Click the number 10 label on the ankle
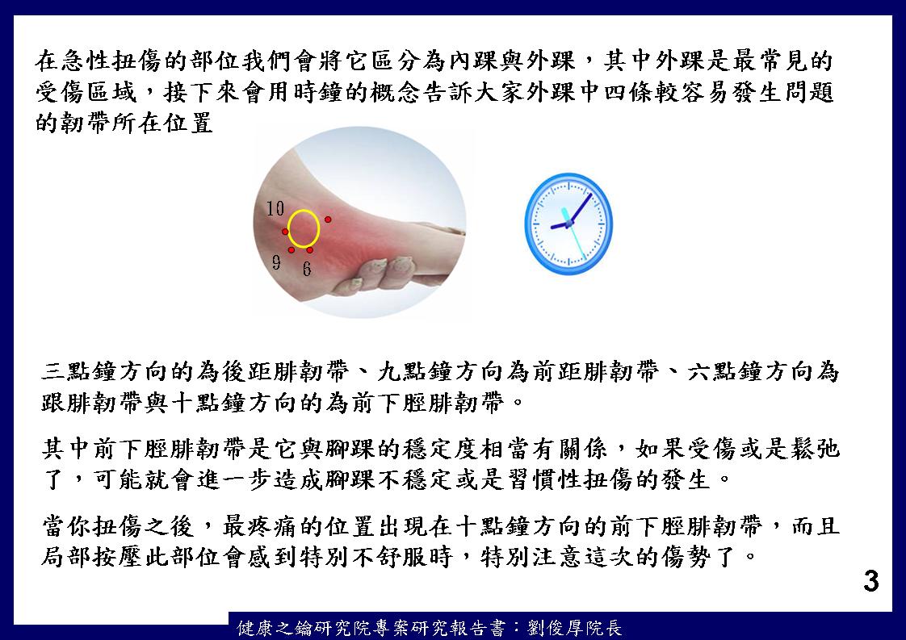[275, 208]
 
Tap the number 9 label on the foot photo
[276, 262]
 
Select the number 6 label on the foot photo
[306, 269]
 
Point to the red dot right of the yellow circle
[328, 220]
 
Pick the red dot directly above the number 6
[310, 250]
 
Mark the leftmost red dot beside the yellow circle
[285, 232]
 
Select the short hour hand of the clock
[560, 225]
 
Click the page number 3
[870, 581]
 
